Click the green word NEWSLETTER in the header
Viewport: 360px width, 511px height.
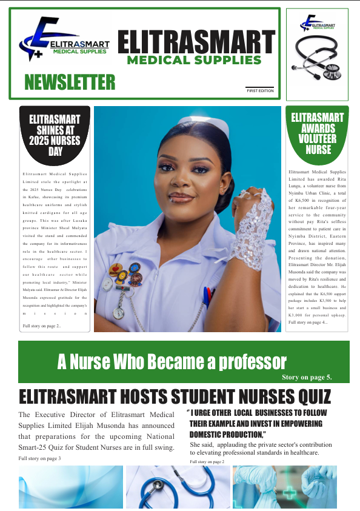point(70,82)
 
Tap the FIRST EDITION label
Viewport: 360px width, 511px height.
point(260,91)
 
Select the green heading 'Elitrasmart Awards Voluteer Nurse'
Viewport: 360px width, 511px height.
point(317,132)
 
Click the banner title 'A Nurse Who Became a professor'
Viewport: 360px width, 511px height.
point(172,362)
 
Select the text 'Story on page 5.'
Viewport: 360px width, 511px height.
point(307,377)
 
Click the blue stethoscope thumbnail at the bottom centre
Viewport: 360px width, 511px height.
point(178,487)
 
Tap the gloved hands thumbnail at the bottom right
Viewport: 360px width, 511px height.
point(284,487)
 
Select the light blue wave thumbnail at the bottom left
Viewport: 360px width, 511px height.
point(70,487)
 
